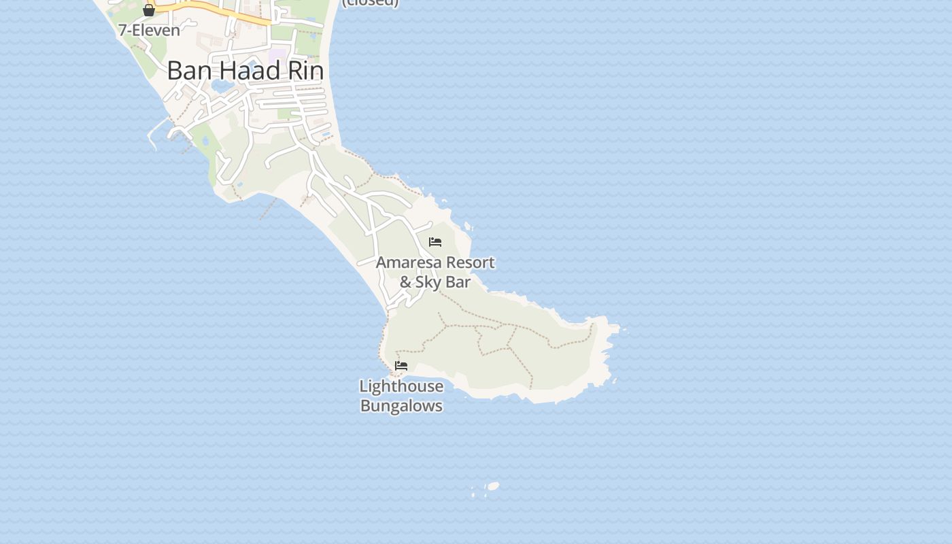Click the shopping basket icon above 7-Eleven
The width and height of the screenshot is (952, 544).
(x=149, y=10)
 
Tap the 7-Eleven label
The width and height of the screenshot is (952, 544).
(x=149, y=30)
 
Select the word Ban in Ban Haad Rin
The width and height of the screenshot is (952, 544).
(x=185, y=71)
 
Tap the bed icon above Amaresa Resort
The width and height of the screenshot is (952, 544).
(x=435, y=242)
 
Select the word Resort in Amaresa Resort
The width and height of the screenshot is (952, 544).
(x=471, y=262)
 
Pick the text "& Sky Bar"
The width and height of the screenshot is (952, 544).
(x=435, y=282)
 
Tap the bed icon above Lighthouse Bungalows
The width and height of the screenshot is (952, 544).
(x=401, y=366)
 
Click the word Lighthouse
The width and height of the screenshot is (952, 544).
(x=401, y=386)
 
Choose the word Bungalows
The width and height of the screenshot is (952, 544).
(x=401, y=406)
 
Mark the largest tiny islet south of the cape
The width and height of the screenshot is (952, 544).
(x=493, y=486)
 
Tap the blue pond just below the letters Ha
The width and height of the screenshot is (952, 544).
(x=222, y=86)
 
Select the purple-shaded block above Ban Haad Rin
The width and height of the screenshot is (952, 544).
(x=277, y=53)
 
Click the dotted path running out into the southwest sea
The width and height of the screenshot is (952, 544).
(x=267, y=210)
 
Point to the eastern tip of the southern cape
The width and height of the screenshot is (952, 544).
(x=617, y=329)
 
